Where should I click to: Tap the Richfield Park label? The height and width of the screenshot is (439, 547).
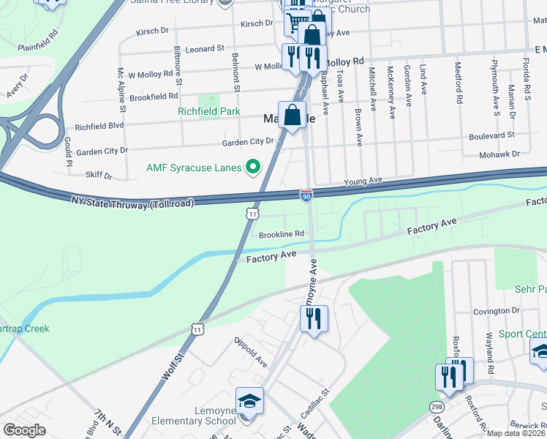pyautogui.click(x=209, y=111)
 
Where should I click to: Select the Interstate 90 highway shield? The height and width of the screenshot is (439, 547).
pyautogui.click(x=306, y=194)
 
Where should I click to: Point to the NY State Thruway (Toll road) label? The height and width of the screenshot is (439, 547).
pyautogui.click(x=132, y=200)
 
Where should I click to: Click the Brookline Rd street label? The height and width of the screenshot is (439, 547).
pyautogui.click(x=282, y=234)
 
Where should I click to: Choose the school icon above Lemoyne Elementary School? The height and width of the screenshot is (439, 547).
pyautogui.click(x=249, y=402)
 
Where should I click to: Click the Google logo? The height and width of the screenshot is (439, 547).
pyautogui.click(x=26, y=430)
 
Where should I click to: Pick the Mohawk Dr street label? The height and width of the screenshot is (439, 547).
pyautogui.click(x=499, y=154)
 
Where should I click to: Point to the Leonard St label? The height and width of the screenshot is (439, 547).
pyautogui.click(x=204, y=48)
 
